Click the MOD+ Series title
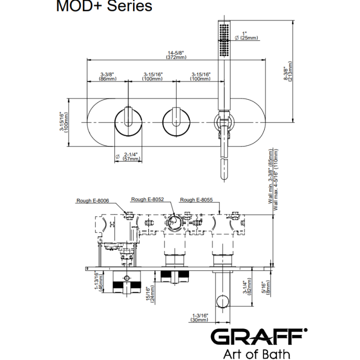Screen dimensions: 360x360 [104, 5]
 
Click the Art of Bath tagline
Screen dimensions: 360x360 [256, 353]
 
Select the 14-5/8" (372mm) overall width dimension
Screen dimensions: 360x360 [176, 55]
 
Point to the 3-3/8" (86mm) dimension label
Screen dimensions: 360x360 [107, 76]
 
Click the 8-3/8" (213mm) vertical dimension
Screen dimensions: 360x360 [288, 71]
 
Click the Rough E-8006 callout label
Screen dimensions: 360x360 [93, 200]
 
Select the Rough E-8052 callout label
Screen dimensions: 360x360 [147, 199]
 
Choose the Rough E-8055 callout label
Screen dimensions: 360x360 [196, 199]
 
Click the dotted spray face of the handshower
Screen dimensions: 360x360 [224, 39]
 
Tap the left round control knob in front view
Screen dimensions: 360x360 [128, 123]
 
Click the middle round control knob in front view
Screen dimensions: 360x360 [176, 123]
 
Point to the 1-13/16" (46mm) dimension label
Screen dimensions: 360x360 [99, 281]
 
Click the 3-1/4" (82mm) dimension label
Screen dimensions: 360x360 [247, 286]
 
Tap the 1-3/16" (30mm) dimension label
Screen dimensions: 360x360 [199, 317]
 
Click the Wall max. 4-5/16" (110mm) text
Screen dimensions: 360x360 [275, 179]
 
